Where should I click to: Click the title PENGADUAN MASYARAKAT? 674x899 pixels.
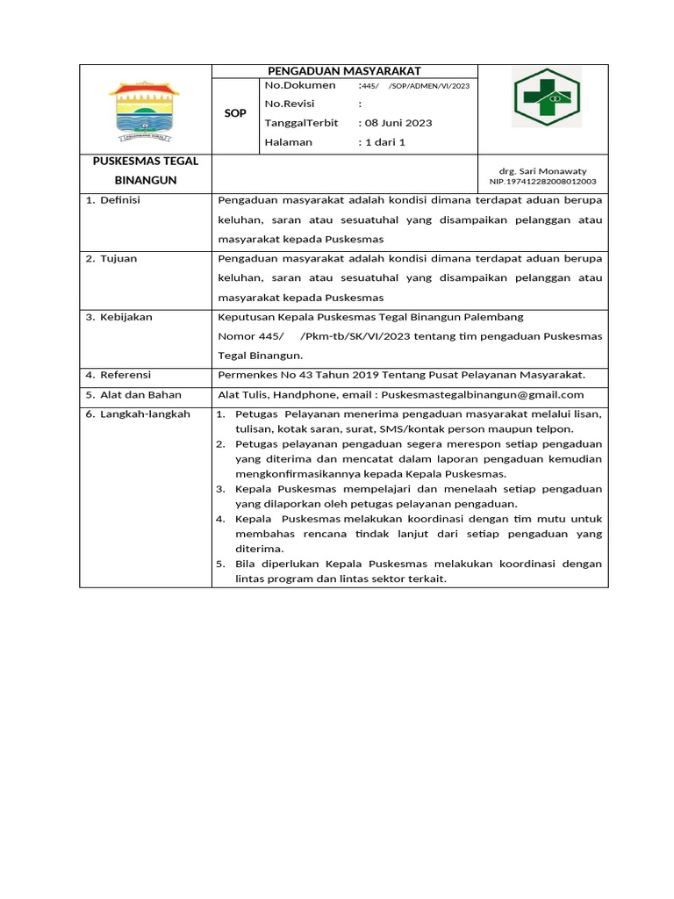pos(345,71)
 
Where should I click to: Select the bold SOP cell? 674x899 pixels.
pos(235,114)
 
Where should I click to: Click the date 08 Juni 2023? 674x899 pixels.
pos(398,123)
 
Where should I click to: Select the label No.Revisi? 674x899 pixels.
pos(290,104)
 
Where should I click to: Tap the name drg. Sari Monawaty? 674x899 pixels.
pos(542,171)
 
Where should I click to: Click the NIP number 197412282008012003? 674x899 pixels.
pos(542,182)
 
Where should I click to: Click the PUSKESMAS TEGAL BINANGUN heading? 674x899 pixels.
pos(146,170)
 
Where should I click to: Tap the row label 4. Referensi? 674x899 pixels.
pos(118,375)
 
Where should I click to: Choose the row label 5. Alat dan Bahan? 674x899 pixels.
pos(133,395)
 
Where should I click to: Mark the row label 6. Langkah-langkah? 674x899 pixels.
pos(137,414)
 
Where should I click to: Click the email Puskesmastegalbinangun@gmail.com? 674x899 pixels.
pos(483,395)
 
